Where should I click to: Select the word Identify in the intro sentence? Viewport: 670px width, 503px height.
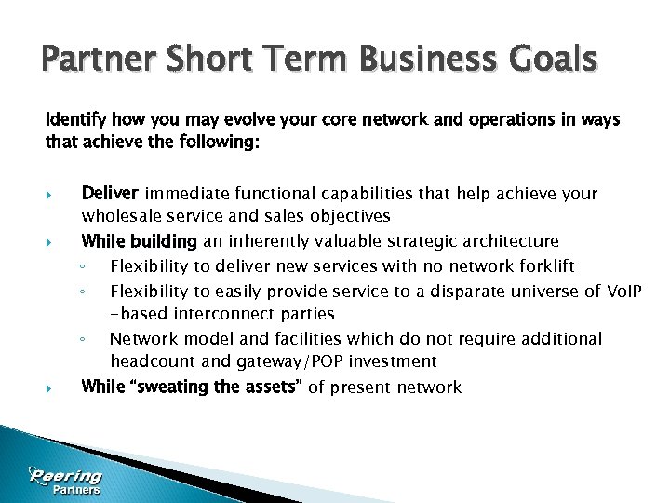tap(75, 121)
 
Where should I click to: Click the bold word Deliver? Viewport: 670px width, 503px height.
tap(110, 194)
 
